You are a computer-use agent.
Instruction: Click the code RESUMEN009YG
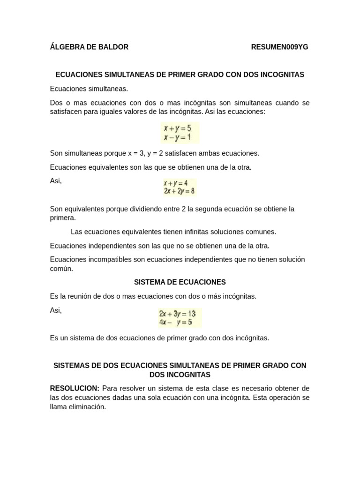pyautogui.click(x=279, y=47)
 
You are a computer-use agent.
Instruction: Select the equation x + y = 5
pyautogui.click(x=177, y=127)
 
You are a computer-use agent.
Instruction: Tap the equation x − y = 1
pyautogui.click(x=177, y=137)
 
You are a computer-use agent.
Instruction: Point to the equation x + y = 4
pyautogui.click(x=176, y=183)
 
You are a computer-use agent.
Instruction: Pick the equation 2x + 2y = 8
pyautogui.click(x=179, y=191)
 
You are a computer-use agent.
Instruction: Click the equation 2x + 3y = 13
pyautogui.click(x=177, y=313)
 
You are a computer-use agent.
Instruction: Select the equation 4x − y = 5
pyautogui.click(x=175, y=322)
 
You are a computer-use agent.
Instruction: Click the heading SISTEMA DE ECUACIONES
pyautogui.click(x=180, y=282)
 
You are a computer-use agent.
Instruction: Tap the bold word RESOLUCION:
pyautogui.click(x=75, y=389)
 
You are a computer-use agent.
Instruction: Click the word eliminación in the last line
pyautogui.click(x=88, y=407)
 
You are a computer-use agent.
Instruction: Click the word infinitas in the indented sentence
pyautogui.click(x=204, y=232)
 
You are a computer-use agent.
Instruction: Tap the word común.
pyautogui.click(x=61, y=269)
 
